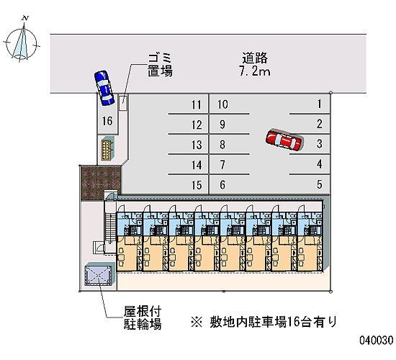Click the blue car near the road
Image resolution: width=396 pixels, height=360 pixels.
point(104,88)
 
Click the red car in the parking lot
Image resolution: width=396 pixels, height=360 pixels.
point(284,140)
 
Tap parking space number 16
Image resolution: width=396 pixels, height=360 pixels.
point(107,121)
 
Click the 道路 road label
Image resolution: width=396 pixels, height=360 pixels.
point(255,58)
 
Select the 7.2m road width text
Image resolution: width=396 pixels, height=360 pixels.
point(255,71)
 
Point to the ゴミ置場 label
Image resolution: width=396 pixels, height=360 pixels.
point(160,65)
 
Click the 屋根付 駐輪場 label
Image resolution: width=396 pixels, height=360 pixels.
point(143,318)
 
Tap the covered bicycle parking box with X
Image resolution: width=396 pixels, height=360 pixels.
point(98,274)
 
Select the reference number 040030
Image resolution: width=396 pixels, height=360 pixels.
point(377,340)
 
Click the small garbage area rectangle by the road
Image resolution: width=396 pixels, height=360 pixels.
point(123,103)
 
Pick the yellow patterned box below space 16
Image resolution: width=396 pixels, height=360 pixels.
point(107,150)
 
